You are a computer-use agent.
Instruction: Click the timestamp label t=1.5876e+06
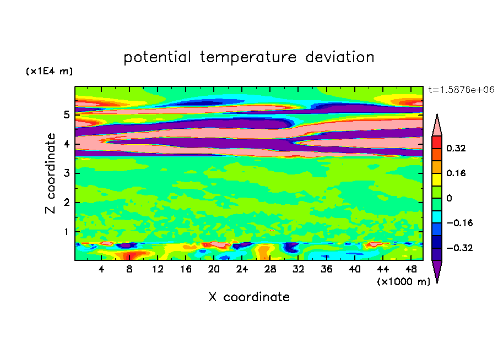[461, 90]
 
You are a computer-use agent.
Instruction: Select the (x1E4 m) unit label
[49, 72]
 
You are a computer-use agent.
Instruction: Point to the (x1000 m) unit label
[403, 281]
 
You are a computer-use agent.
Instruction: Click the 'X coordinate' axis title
[249, 297]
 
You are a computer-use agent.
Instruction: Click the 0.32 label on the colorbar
[457, 148]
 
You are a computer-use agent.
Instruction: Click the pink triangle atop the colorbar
[436, 126]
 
